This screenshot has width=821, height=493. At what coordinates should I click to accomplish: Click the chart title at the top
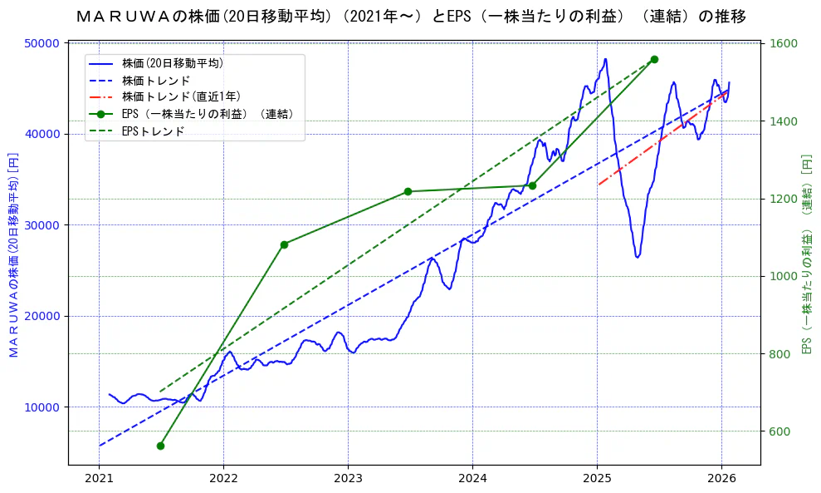(410, 17)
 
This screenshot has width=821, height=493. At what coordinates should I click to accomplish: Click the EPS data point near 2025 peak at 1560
(654, 59)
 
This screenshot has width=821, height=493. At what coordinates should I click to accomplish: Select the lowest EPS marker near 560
(160, 446)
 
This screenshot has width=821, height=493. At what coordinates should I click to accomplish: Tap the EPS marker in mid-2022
(284, 244)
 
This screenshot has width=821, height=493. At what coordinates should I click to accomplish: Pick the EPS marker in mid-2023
(408, 191)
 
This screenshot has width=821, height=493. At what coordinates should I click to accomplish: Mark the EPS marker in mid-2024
(532, 185)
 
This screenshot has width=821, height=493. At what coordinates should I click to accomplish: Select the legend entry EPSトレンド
(153, 131)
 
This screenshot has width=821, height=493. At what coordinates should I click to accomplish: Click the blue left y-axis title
(13, 255)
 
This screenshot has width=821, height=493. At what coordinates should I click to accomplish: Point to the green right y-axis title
(806, 255)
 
